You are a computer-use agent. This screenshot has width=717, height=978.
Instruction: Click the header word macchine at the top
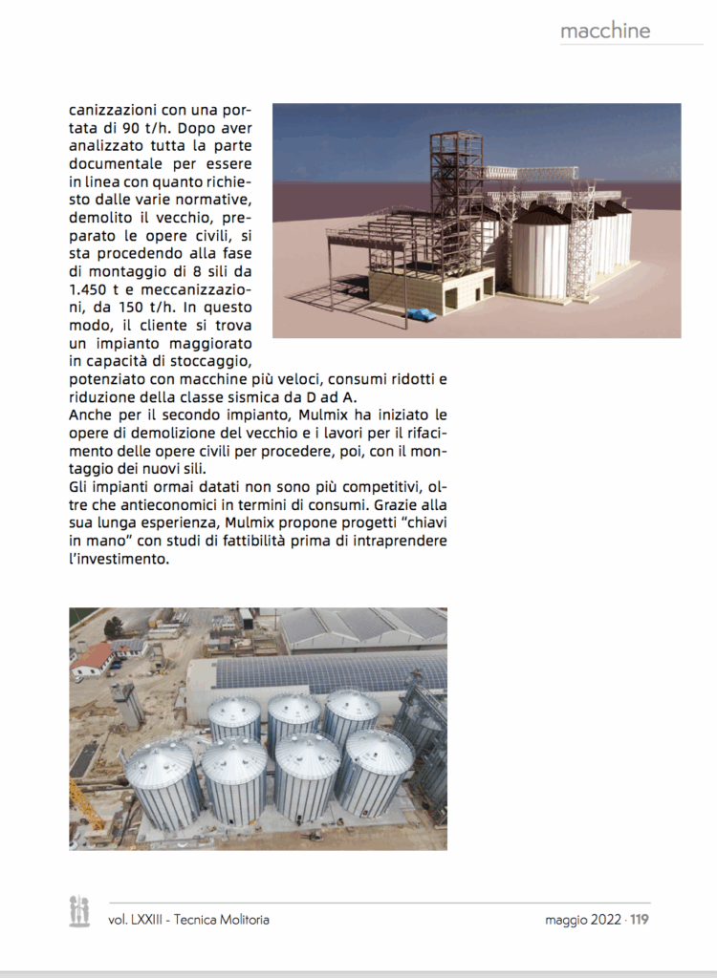point(605,31)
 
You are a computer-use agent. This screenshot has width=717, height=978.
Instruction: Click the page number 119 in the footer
point(640,920)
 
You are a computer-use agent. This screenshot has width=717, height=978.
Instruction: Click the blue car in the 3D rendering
point(421,313)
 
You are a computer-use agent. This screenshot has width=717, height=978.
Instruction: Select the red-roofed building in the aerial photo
point(93,657)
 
